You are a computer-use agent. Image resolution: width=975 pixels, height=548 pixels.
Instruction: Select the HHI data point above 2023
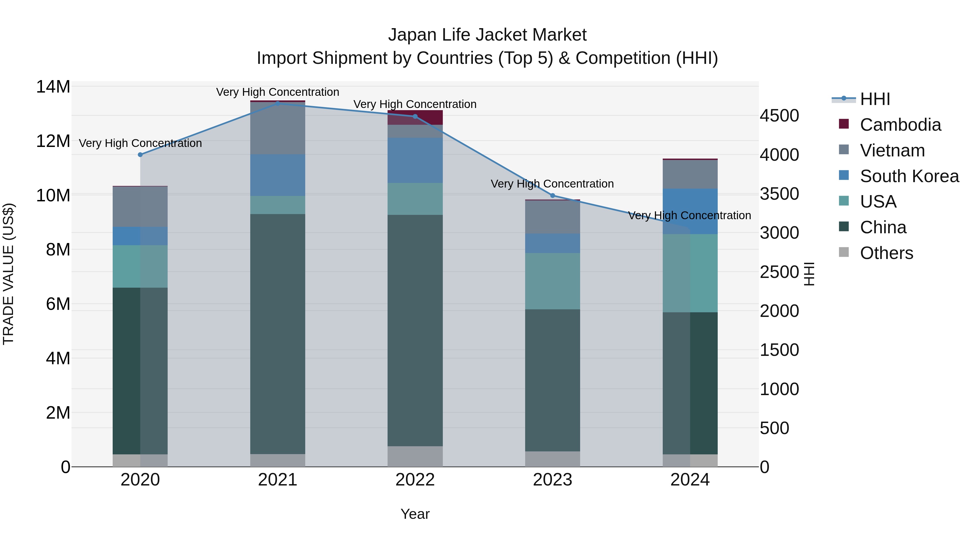tap(552, 196)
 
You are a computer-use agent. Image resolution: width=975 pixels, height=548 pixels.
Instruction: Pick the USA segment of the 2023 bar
tap(552, 281)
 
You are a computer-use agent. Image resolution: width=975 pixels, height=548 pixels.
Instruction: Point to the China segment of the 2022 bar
tap(415, 330)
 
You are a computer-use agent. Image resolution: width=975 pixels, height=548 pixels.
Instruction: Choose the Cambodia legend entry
tap(900, 125)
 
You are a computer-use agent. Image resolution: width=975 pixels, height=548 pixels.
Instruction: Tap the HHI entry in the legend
tap(875, 99)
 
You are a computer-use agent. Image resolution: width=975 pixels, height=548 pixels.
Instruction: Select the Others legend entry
tap(886, 253)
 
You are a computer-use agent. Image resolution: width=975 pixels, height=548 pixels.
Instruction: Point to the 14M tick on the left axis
tap(53, 87)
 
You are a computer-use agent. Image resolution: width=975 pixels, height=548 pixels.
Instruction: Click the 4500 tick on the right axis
tap(779, 116)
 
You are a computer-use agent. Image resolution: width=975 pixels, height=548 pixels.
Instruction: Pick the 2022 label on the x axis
tap(415, 480)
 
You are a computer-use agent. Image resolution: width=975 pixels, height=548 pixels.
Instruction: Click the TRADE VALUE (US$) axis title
tap(8, 274)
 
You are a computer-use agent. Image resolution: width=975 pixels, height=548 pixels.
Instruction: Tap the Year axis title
tap(415, 514)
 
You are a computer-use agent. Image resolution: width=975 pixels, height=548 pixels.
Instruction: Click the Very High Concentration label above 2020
tap(140, 143)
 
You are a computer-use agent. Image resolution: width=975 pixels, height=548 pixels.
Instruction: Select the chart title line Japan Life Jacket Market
tap(487, 35)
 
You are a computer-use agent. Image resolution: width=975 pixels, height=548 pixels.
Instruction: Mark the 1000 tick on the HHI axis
tap(779, 389)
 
